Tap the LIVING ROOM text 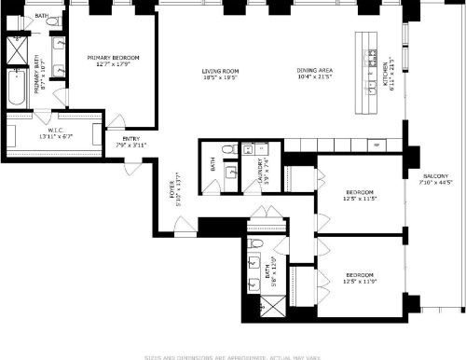[222, 71]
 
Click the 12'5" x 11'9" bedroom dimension [360, 281]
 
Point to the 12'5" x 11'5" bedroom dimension [360, 198]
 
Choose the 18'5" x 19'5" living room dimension [222, 77]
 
